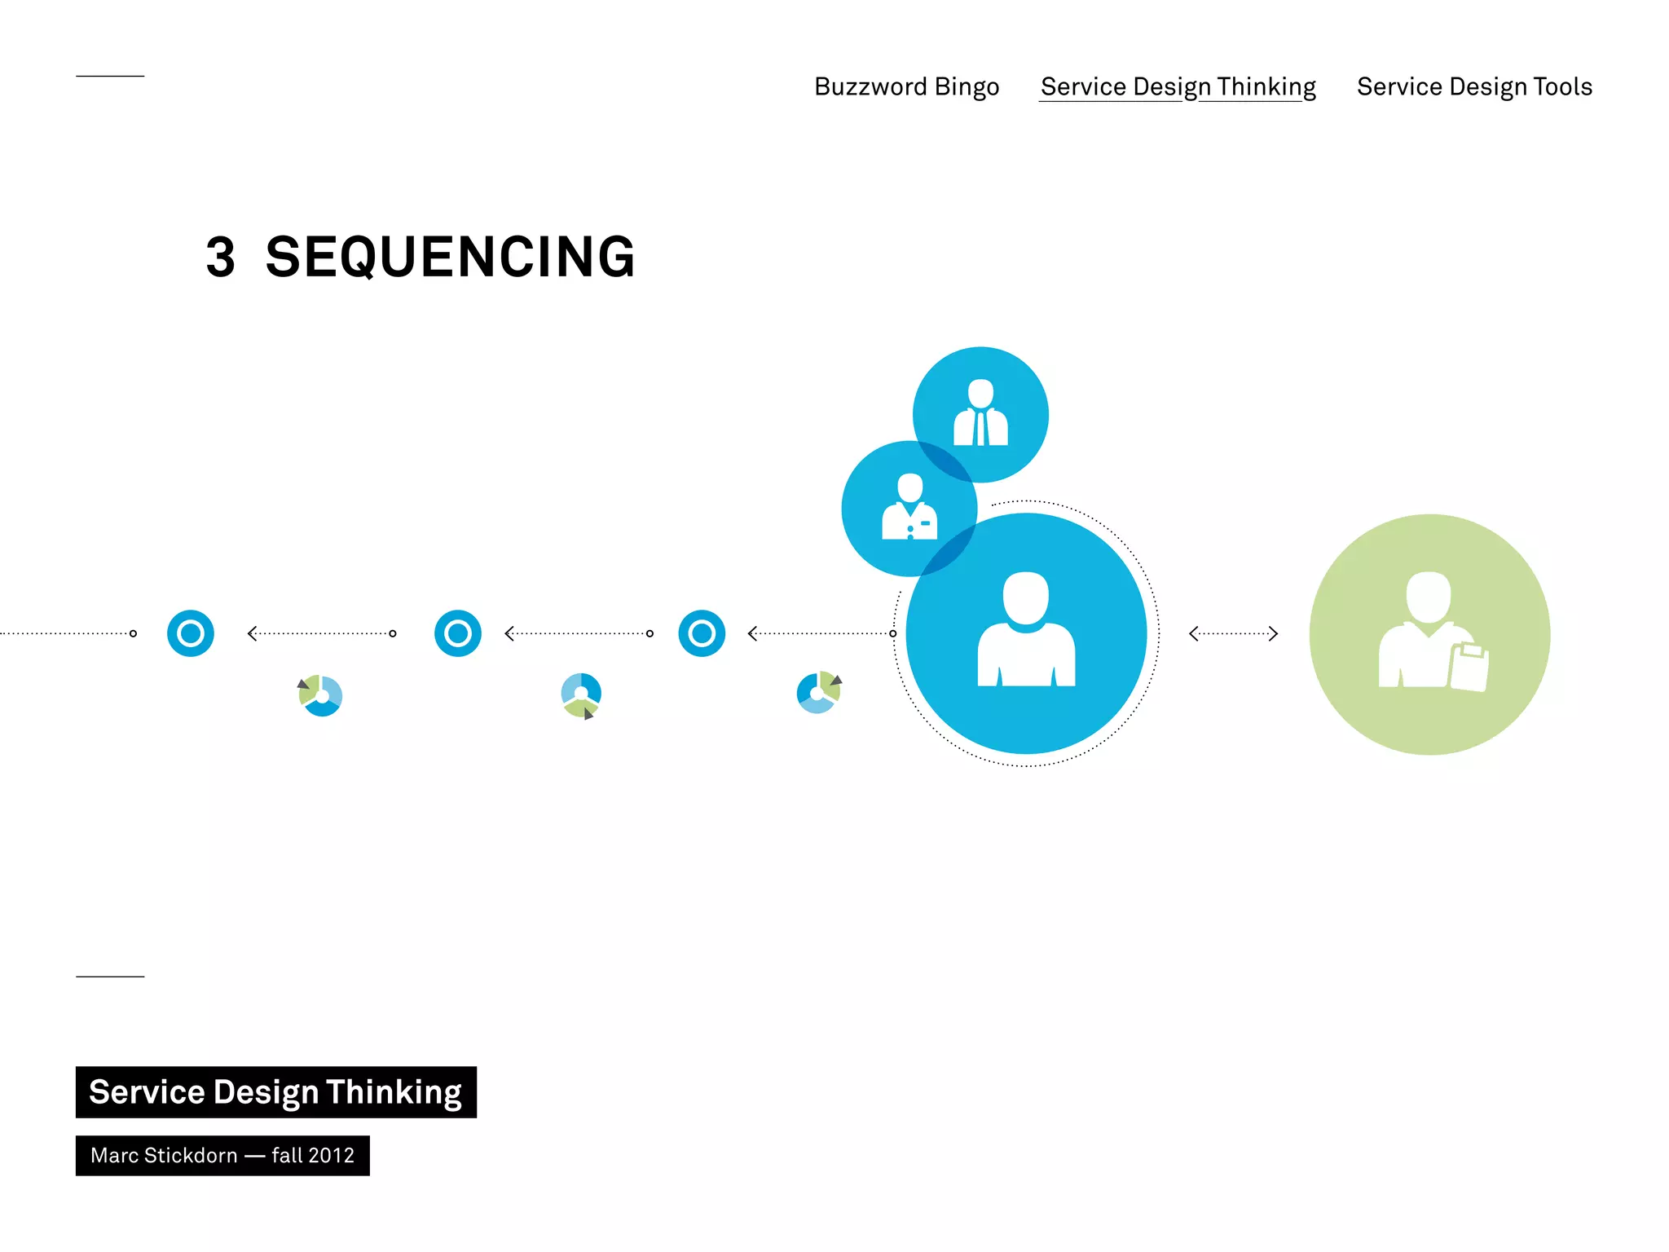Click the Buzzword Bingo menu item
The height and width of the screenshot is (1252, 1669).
coord(906,86)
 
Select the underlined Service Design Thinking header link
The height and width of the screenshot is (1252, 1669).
coord(1178,86)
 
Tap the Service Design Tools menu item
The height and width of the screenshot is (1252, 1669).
coord(1473,86)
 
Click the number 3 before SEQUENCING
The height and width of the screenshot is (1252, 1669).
coord(220,258)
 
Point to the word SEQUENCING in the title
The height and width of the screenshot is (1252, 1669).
coord(450,258)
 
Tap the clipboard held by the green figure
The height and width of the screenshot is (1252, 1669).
coord(1469,667)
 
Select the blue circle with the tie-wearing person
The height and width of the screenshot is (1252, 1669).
coord(980,414)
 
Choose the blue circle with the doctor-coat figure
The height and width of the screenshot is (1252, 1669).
coord(909,509)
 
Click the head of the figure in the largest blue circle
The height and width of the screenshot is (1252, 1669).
coord(1025,597)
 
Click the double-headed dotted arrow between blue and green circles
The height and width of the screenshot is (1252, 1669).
coord(1233,633)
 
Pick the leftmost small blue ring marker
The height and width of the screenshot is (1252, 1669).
coord(191,633)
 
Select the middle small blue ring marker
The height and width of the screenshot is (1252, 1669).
coord(458,633)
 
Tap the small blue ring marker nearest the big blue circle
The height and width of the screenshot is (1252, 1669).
coord(702,633)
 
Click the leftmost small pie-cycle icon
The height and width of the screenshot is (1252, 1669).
coord(321,695)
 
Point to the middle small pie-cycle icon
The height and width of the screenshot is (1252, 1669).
coord(581,694)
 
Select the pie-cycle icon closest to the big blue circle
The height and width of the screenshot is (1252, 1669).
coord(818,692)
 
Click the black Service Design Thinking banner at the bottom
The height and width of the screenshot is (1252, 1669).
coord(275,1092)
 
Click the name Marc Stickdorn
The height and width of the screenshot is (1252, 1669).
coord(164,1155)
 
